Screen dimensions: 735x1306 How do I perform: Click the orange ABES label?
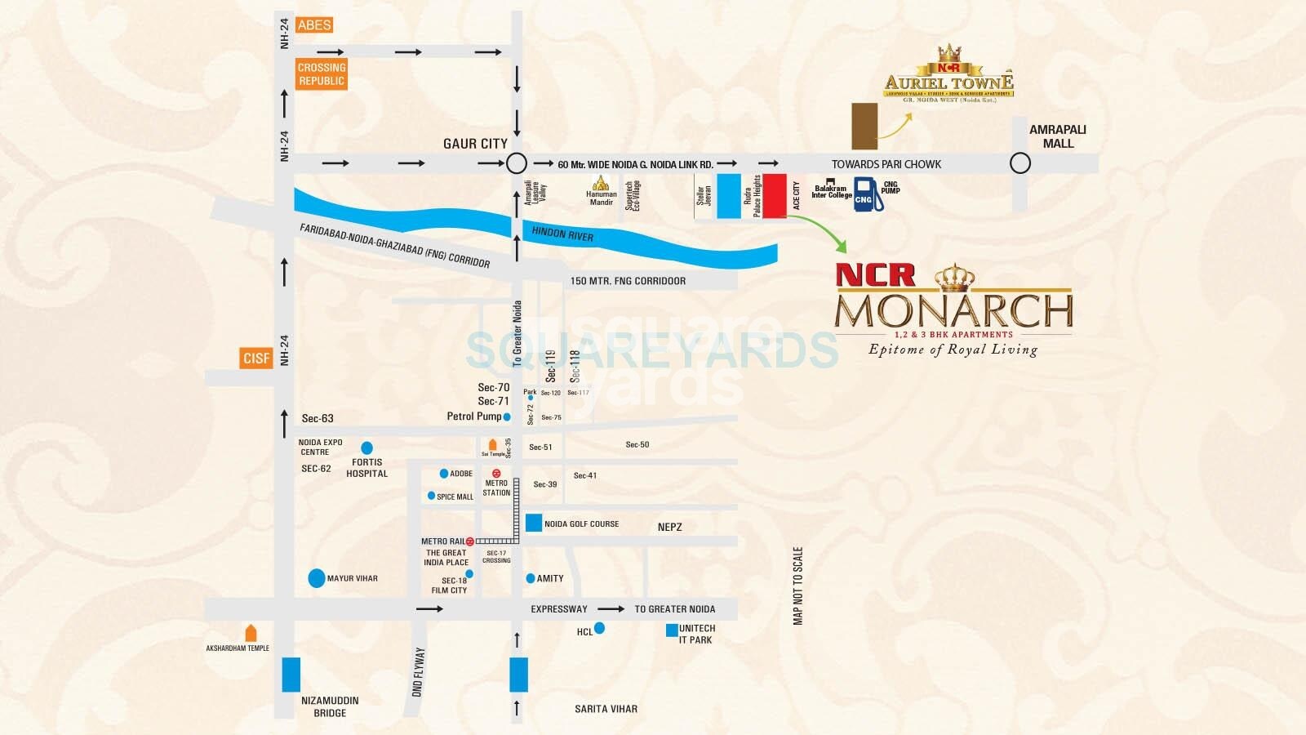pyautogui.click(x=314, y=25)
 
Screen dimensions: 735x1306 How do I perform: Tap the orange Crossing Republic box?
pyautogui.click(x=321, y=74)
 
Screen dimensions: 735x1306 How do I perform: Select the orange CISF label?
pyautogui.click(x=256, y=358)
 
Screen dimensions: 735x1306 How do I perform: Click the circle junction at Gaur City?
pyautogui.click(x=517, y=163)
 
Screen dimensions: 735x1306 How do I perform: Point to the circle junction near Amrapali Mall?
pyautogui.click(x=1020, y=163)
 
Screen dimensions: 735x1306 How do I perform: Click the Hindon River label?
pyautogui.click(x=562, y=234)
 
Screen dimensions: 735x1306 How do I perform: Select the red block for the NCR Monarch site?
pyautogui.click(x=775, y=196)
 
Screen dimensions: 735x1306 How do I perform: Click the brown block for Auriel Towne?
pyautogui.click(x=864, y=126)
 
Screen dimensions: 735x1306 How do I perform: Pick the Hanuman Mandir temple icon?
pyautogui.click(x=601, y=183)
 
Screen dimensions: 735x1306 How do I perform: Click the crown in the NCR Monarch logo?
pyautogui.click(x=953, y=278)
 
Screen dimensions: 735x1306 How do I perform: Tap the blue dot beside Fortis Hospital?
pyautogui.click(x=366, y=448)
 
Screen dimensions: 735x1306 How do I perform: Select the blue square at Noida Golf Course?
pyautogui.click(x=534, y=523)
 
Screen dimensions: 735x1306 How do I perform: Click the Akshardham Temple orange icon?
pyautogui.click(x=251, y=633)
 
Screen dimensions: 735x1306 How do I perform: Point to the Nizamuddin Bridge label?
pyautogui.click(x=330, y=706)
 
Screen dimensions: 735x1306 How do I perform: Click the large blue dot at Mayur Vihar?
pyautogui.click(x=317, y=578)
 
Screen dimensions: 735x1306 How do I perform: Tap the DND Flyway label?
pyautogui.click(x=418, y=671)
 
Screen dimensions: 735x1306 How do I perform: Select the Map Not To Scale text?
pyautogui.click(x=797, y=586)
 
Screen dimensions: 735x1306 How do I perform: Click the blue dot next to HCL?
pyautogui.click(x=599, y=628)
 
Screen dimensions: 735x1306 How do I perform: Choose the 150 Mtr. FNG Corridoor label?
pyautogui.click(x=628, y=281)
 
